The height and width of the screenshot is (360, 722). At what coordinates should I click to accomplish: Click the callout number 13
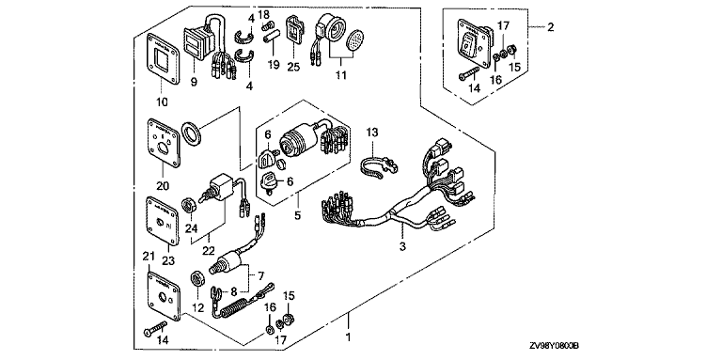[371, 133]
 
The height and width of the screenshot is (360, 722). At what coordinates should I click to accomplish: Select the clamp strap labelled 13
[379, 167]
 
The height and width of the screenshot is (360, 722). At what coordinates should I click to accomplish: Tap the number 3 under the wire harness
[402, 247]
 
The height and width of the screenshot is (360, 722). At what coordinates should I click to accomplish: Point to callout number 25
[293, 67]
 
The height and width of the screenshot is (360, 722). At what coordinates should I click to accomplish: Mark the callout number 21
[148, 257]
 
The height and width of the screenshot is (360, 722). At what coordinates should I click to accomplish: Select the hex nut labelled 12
[196, 279]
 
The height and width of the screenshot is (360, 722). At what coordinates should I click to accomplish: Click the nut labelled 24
[191, 203]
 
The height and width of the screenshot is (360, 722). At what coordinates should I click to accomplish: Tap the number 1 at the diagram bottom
[349, 337]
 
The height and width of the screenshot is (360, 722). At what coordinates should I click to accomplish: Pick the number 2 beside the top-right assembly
[550, 27]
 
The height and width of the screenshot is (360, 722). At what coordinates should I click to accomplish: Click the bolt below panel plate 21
[154, 328]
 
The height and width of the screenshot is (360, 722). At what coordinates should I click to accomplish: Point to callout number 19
[274, 65]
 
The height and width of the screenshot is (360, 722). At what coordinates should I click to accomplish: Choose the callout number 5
[297, 214]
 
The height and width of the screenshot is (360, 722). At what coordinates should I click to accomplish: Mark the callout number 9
[194, 83]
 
